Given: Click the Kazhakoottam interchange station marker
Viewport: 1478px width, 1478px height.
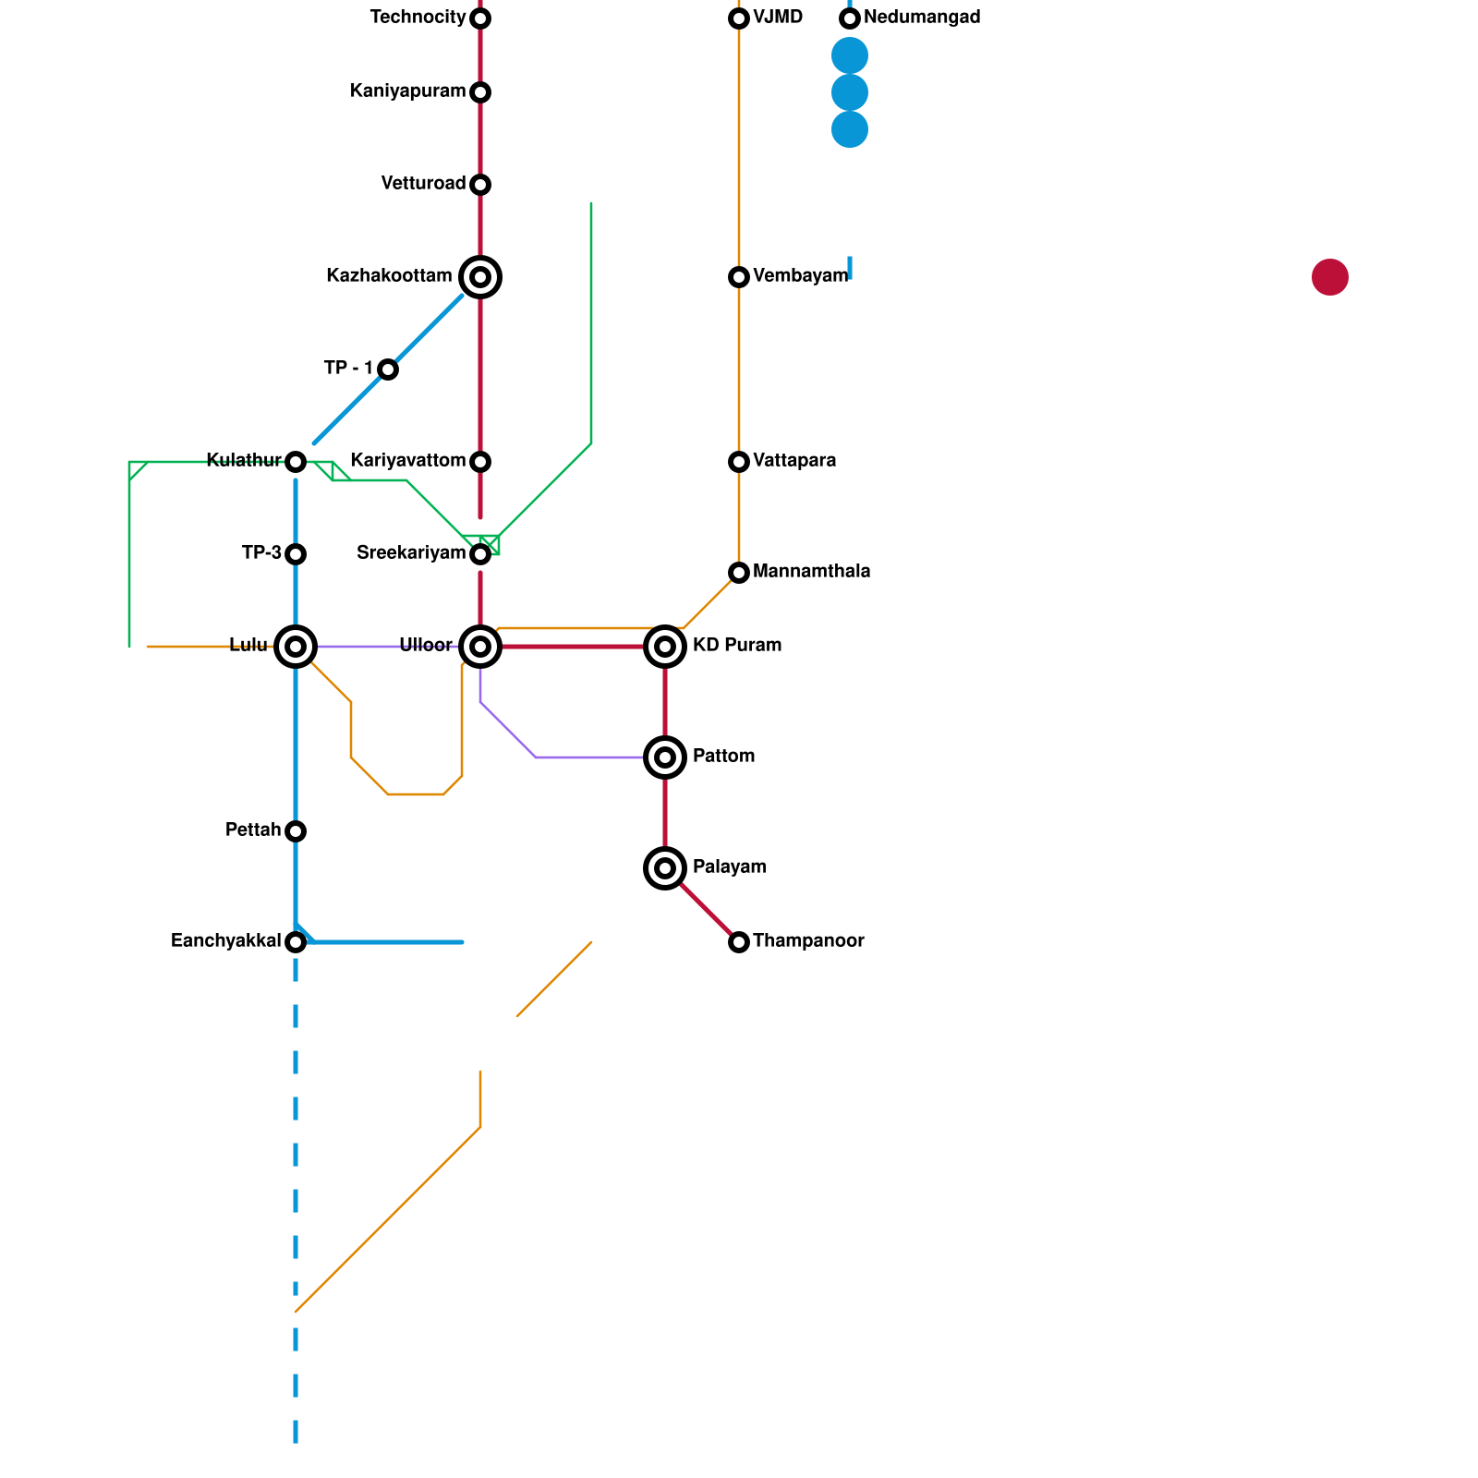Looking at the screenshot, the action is [x=480, y=277].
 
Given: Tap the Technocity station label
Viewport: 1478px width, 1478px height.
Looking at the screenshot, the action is [x=418, y=18].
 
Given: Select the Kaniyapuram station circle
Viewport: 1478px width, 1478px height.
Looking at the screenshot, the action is [x=480, y=92].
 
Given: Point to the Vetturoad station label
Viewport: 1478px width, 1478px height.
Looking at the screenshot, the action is [x=423, y=184].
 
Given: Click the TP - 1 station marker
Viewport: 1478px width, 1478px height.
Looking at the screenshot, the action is [x=388, y=369].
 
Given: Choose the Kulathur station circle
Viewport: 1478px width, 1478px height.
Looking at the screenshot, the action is [x=296, y=462].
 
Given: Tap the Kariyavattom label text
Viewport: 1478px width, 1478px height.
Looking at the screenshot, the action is [x=407, y=461].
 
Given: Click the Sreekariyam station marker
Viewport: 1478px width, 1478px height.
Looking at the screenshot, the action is [x=480, y=554].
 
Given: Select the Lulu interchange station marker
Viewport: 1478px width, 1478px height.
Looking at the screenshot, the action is [x=296, y=647].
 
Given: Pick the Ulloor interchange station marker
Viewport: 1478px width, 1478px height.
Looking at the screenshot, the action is [x=480, y=647].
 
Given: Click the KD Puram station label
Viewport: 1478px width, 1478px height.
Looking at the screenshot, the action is [x=737, y=646].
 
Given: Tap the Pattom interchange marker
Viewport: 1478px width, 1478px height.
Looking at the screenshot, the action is [x=665, y=757].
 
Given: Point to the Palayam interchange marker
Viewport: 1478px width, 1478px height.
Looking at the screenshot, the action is [x=665, y=868].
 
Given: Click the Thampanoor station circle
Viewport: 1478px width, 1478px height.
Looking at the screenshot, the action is [x=739, y=942].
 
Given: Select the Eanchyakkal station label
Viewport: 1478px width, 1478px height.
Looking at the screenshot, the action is [x=226, y=941].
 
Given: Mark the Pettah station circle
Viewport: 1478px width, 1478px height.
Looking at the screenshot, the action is [x=296, y=831].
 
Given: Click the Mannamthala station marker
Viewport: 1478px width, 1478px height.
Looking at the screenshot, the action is [x=739, y=573].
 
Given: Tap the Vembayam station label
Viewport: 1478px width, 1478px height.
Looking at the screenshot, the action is [x=800, y=276].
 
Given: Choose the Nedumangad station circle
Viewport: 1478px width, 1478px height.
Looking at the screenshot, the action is [x=850, y=18].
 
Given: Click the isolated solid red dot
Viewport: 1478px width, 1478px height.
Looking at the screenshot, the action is [x=1330, y=277].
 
